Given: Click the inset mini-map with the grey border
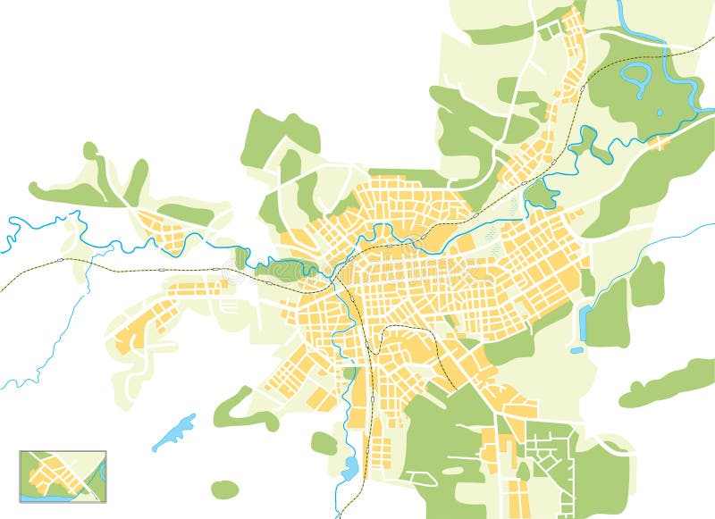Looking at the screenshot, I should (x=63, y=476).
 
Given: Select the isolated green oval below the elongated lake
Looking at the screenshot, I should (x=225, y=490).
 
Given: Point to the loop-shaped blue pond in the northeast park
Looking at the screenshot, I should (x=635, y=78).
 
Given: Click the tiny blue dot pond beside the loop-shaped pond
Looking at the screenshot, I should (x=659, y=113).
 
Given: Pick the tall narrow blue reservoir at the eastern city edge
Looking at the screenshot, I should (x=585, y=322).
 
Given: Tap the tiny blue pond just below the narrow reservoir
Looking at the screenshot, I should (x=577, y=350).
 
